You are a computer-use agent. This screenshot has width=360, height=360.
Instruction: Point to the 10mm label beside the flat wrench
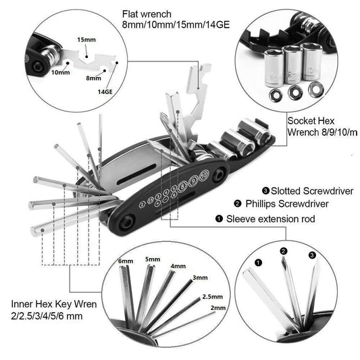(x=59, y=72)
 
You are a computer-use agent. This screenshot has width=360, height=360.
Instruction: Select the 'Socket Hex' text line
(x=310, y=119)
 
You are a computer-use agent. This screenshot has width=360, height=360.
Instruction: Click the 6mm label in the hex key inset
(x=126, y=261)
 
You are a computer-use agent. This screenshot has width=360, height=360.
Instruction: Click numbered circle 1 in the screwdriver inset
(x=257, y=262)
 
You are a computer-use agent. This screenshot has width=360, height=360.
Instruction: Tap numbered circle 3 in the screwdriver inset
(x=311, y=255)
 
